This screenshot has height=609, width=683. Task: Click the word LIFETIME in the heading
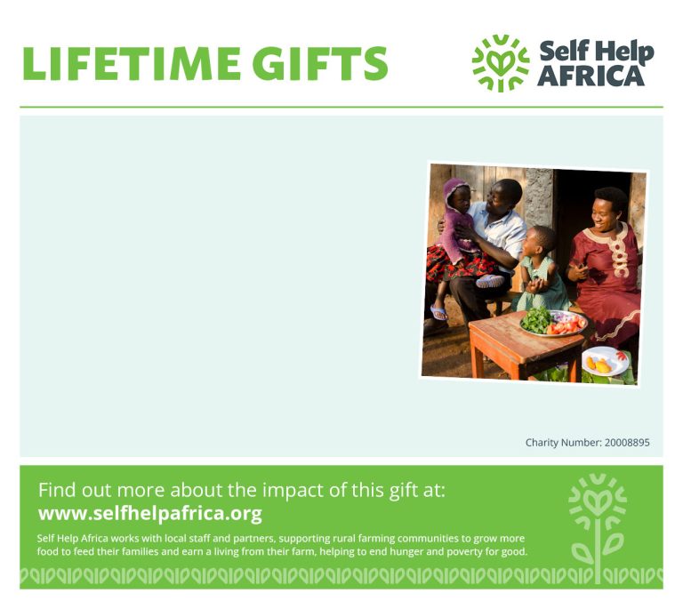131,63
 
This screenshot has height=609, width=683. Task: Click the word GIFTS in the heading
320,63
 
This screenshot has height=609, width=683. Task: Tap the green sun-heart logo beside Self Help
501,63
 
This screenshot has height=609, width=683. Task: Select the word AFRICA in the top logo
591,76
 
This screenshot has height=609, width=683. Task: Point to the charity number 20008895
627,443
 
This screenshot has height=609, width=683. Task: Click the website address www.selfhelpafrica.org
150,513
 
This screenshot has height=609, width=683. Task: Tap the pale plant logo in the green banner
598,526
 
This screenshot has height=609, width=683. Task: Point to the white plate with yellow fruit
606,361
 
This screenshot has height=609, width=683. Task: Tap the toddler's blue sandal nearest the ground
438,313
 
